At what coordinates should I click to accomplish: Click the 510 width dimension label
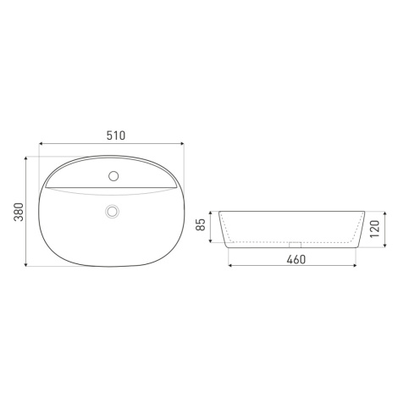point(116,135)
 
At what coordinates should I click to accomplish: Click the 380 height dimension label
point(19,212)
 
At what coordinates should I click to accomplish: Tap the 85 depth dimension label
point(201,225)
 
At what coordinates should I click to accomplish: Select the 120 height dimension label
point(375,229)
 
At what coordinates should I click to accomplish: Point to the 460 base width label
point(296,259)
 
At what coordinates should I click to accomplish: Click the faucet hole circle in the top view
point(113,176)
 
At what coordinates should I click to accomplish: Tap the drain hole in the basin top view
point(113,211)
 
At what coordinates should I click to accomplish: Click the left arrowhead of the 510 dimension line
point(41,144)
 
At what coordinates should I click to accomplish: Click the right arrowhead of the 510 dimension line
point(182,144)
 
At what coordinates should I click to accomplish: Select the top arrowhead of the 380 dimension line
point(26,158)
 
